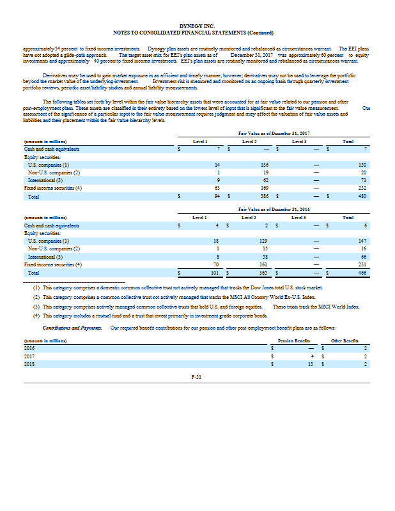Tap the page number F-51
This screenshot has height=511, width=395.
click(x=197, y=378)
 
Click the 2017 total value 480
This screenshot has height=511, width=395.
click(x=364, y=196)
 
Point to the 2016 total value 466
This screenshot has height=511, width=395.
click(x=364, y=272)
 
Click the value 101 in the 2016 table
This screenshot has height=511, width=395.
click(x=215, y=272)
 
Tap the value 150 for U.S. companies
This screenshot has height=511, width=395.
click(x=364, y=165)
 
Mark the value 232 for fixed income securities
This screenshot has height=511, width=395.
click(x=364, y=188)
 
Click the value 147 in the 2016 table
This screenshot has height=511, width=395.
click(x=364, y=241)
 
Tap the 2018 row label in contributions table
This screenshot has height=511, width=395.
click(x=29, y=363)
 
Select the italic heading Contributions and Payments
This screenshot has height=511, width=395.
click(x=66, y=328)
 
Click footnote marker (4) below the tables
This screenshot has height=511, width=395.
click(x=36, y=316)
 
